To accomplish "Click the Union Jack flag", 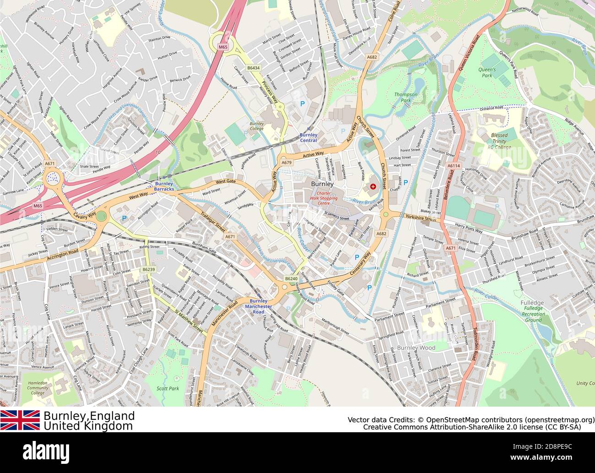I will [x=20, y=420].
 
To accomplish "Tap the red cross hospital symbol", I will [x=373, y=187].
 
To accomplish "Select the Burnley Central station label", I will [x=308, y=137].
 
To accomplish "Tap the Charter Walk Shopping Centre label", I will [x=324, y=198].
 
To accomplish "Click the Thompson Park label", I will [x=406, y=97].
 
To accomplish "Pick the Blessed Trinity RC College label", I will [x=499, y=141].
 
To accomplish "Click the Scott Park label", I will [x=168, y=388].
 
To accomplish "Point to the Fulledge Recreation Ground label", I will [x=533, y=311].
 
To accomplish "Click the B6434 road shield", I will [x=253, y=68].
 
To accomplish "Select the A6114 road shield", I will [x=453, y=166].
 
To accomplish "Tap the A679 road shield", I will [x=287, y=163].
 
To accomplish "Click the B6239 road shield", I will [x=148, y=270].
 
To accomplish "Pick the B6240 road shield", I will [x=291, y=278].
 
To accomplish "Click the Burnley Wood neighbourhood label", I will [x=416, y=348].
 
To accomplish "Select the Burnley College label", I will [x=256, y=126].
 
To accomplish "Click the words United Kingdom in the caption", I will [x=88, y=426].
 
